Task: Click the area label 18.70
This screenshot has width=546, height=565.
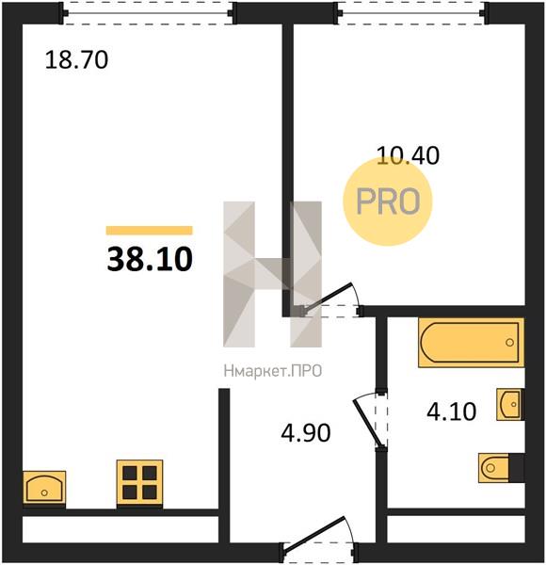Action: pos(76,60)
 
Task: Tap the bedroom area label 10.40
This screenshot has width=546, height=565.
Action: pos(408,156)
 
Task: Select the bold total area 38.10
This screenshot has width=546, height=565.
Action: pos(150,260)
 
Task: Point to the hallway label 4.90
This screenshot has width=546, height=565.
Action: pos(306,433)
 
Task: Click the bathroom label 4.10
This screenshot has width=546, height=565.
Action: pos(451,412)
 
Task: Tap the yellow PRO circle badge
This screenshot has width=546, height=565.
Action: pos(388,202)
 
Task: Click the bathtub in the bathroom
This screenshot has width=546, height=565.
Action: pos(471,343)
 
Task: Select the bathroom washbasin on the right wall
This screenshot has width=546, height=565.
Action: pos(510,404)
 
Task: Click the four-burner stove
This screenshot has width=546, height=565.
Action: pos(139,484)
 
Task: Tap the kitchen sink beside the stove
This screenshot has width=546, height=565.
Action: pos(44,489)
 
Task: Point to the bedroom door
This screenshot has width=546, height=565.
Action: pos(329,298)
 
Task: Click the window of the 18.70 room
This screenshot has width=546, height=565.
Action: pos(149,13)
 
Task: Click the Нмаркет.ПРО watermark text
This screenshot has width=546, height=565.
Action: pos(273,371)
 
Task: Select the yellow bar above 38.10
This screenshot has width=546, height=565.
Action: pos(149,231)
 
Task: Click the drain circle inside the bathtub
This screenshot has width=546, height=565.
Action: pos(509,343)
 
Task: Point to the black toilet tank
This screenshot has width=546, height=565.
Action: pos(517,468)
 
